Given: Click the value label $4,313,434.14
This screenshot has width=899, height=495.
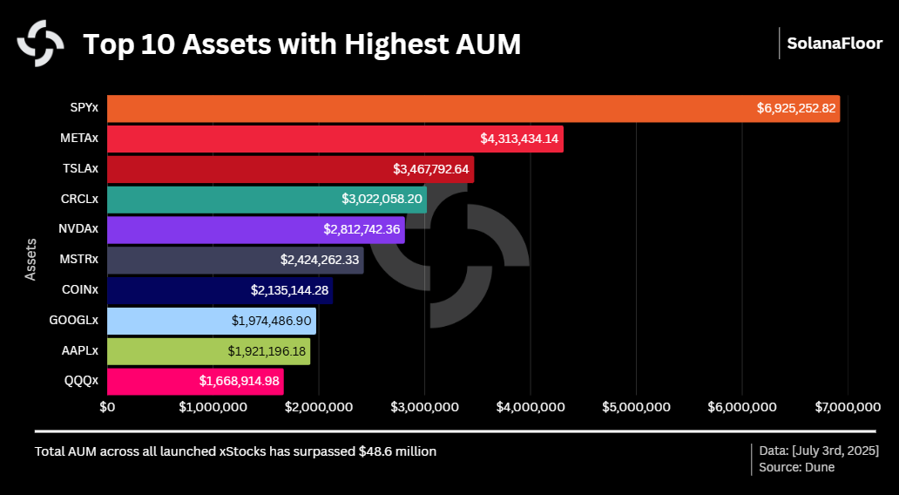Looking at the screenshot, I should tap(520, 139).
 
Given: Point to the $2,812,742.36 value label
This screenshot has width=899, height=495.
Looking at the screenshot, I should tap(362, 230).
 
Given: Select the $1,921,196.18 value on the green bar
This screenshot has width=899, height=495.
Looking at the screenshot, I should tap(267, 351).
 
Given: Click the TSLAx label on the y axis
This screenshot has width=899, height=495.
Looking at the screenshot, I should tap(80, 168).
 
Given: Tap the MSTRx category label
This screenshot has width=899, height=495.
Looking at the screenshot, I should tap(78, 260).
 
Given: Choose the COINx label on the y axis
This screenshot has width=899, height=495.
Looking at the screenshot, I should tap(79, 290).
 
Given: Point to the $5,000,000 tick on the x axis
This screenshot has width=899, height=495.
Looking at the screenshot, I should tap(635, 407).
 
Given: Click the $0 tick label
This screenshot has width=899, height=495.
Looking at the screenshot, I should tap(107, 407).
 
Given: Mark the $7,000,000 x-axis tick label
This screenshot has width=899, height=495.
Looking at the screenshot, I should tap(847, 407).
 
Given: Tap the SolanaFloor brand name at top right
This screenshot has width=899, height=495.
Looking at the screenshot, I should tap(835, 44).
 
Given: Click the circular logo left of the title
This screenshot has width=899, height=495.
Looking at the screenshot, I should tap(41, 43).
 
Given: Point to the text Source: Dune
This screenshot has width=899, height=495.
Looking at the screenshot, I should tap(796, 467).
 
